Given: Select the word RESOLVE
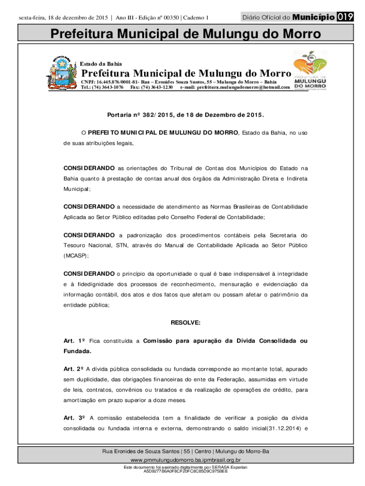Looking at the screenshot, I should pyautogui.click(x=185, y=323).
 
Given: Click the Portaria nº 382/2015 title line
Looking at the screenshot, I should pyautogui.click(x=185, y=115).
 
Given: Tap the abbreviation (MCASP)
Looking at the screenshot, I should pyautogui.click(x=76, y=255).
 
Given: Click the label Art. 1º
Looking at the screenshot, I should pyautogui.click(x=74, y=341).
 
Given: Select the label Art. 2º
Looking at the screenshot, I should pyautogui.click(x=74, y=369).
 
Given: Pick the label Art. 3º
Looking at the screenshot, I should pyautogui.click(x=74, y=418).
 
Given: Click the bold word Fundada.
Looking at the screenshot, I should pyautogui.click(x=77, y=351).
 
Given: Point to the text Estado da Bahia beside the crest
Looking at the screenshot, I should pyautogui.click(x=100, y=64).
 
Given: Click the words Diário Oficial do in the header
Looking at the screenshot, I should pyautogui.click(x=266, y=18).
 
